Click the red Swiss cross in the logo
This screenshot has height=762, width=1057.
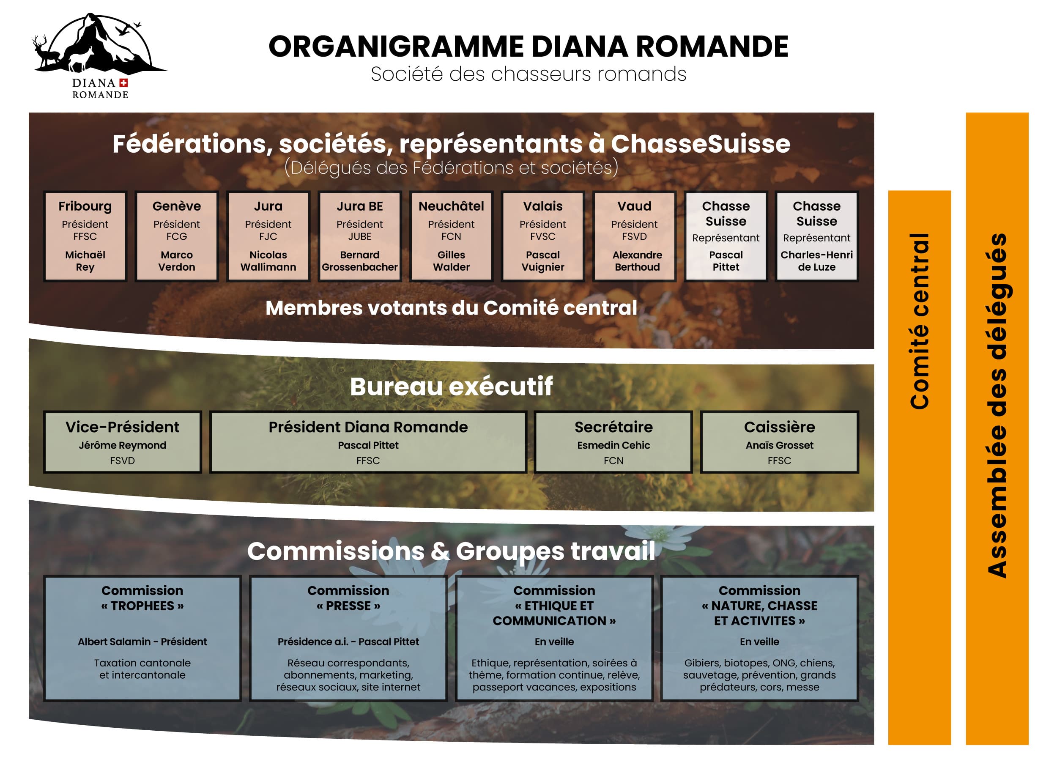[x=123, y=83]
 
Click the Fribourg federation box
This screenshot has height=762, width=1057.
[x=85, y=236]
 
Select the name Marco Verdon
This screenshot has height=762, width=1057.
[x=177, y=261]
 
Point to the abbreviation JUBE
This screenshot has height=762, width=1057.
[x=360, y=236]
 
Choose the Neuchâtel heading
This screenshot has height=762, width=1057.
[x=451, y=206]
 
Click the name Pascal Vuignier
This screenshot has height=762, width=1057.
[x=543, y=261]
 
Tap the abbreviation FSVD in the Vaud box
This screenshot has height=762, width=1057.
[x=634, y=236]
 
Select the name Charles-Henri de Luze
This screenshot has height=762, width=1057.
[x=816, y=261]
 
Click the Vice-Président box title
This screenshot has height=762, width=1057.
[x=122, y=427]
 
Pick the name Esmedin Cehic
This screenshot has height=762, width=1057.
[x=613, y=445]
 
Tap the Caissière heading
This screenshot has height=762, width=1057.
[x=779, y=427]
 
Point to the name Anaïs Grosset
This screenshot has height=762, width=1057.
[x=779, y=445]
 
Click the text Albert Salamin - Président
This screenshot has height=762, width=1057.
[x=142, y=642]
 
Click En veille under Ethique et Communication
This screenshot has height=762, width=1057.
[x=554, y=642]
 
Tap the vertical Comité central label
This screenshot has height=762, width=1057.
[x=920, y=321]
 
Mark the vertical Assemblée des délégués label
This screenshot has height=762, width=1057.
[x=997, y=406]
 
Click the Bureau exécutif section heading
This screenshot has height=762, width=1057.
[x=451, y=386]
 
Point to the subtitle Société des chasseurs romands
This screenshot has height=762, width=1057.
[x=528, y=74]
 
